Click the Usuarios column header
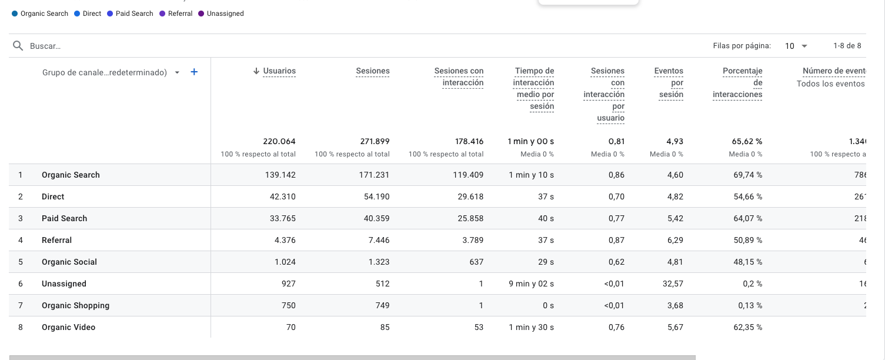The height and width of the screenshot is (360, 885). pyautogui.click(x=279, y=71)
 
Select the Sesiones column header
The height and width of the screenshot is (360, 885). pyautogui.click(x=372, y=71)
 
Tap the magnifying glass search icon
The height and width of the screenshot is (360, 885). pyautogui.click(x=18, y=46)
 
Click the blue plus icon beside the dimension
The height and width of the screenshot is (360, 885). pyautogui.click(x=194, y=72)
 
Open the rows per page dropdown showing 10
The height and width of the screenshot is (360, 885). pyautogui.click(x=796, y=46)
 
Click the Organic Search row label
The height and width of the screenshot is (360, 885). pyautogui.click(x=71, y=175)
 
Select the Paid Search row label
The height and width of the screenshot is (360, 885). pyautogui.click(x=64, y=218)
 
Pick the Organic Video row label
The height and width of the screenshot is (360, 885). pyautogui.click(x=68, y=327)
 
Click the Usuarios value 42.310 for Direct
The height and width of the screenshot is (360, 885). pyautogui.click(x=282, y=196)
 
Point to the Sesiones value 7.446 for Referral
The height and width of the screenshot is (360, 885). pyautogui.click(x=376, y=240)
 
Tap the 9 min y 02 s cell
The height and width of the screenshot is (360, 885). pyautogui.click(x=531, y=284)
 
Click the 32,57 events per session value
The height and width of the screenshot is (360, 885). pyautogui.click(x=672, y=284)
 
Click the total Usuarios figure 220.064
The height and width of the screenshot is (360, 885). pyautogui.click(x=279, y=141)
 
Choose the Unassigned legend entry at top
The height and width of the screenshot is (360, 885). pyautogui.click(x=225, y=14)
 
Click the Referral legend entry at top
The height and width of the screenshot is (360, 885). pyautogui.click(x=179, y=14)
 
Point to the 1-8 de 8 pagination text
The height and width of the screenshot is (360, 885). pyautogui.click(x=847, y=46)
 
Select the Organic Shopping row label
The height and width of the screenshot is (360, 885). pyautogui.click(x=75, y=305)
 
